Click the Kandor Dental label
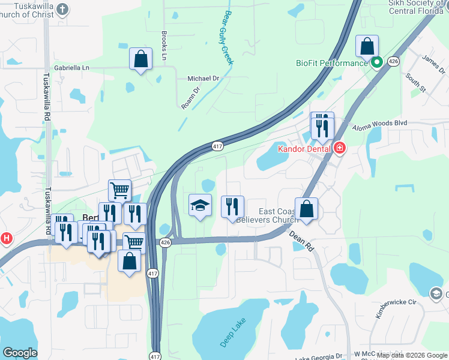(x=305, y=148)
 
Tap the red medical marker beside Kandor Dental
(x=340, y=148)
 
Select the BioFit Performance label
(x=332, y=63)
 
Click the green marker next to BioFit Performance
(x=377, y=62)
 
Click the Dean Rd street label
(x=301, y=241)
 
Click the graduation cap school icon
(x=200, y=206)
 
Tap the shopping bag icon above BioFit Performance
(x=367, y=46)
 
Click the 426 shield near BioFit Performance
(x=393, y=61)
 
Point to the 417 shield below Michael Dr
(x=217, y=146)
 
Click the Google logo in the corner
(x=20, y=353)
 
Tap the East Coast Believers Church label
(x=276, y=215)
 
